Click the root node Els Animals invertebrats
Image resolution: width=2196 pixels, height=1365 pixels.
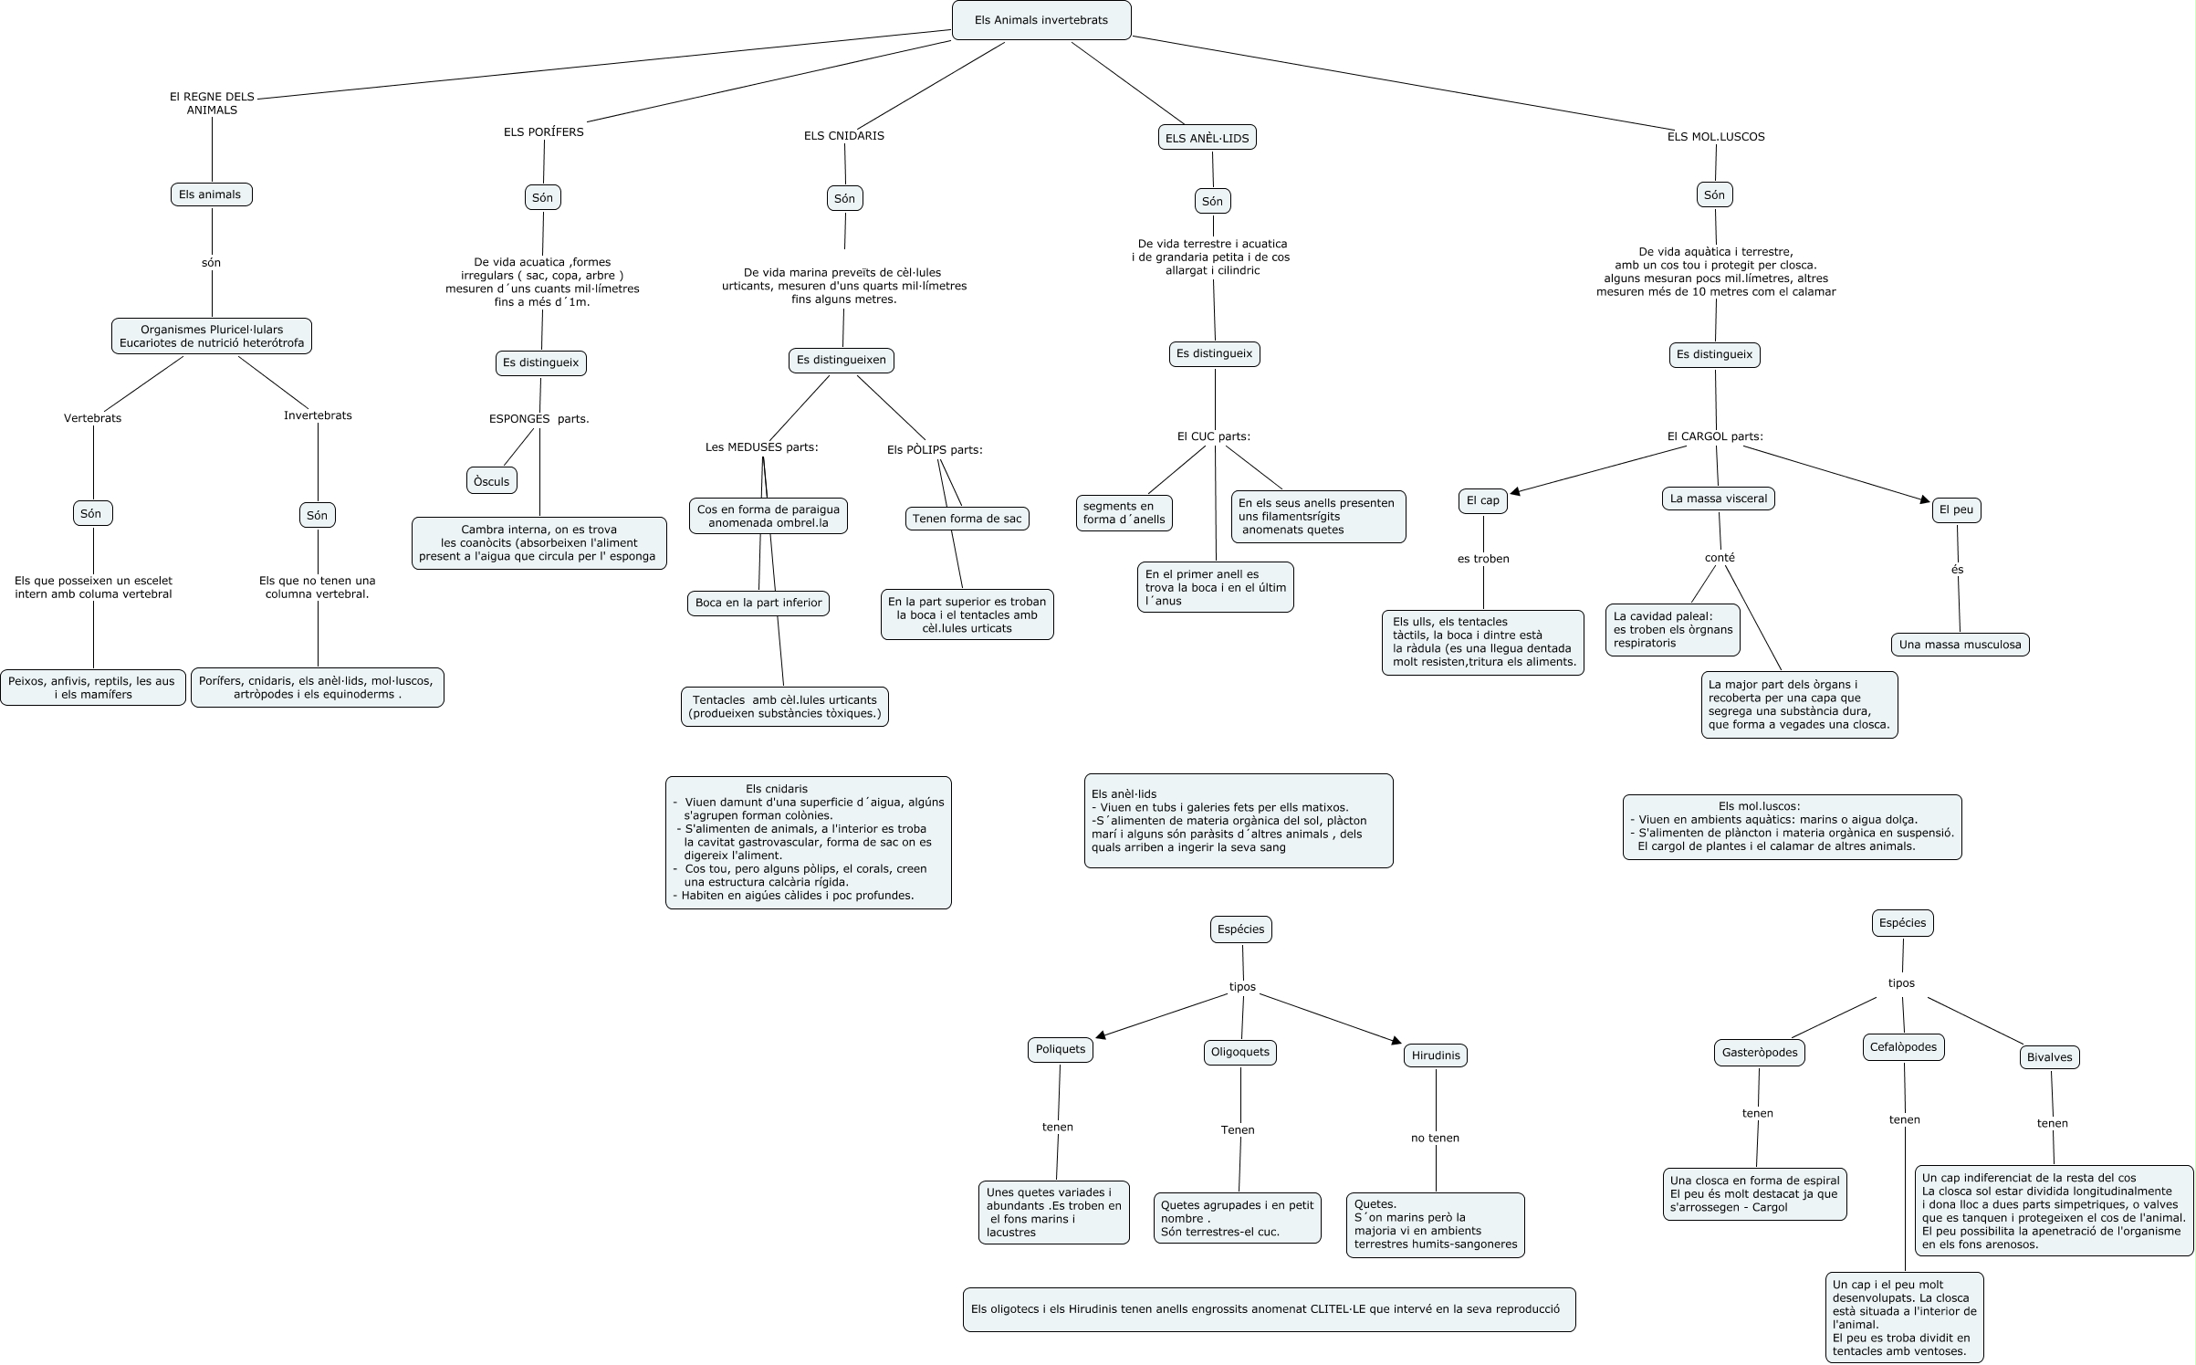coord(1040,20)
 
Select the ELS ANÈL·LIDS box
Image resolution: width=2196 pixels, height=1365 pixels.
coord(1206,138)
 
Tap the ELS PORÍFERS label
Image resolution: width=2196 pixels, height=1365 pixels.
coord(543,131)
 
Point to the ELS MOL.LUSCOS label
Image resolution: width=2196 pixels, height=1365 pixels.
coord(1715,137)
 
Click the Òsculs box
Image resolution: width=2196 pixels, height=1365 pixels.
coord(491,481)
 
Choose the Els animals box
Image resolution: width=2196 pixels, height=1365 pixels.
coord(211,194)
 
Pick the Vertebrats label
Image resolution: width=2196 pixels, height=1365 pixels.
coord(92,418)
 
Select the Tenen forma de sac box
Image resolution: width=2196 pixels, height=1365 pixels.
coord(967,519)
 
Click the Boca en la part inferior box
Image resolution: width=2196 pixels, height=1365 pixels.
coord(758,603)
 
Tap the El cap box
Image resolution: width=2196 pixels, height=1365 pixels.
coord(1482,500)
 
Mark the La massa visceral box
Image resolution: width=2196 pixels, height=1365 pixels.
coord(1718,499)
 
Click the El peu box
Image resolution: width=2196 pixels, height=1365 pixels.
coord(1955,509)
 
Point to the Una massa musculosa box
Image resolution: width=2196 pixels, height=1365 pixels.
coord(1959,645)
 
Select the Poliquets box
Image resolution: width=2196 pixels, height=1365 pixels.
coord(1060,1049)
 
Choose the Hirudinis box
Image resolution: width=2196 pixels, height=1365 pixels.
coord(1435,1055)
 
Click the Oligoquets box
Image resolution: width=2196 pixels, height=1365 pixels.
coord(1239,1052)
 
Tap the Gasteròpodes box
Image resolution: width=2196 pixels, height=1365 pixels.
coord(1759,1053)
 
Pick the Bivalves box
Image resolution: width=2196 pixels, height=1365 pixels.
coord(2049,1057)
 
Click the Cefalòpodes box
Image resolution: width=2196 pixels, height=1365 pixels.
coord(1903,1047)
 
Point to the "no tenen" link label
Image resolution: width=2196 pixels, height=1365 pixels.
coord(1435,1138)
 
